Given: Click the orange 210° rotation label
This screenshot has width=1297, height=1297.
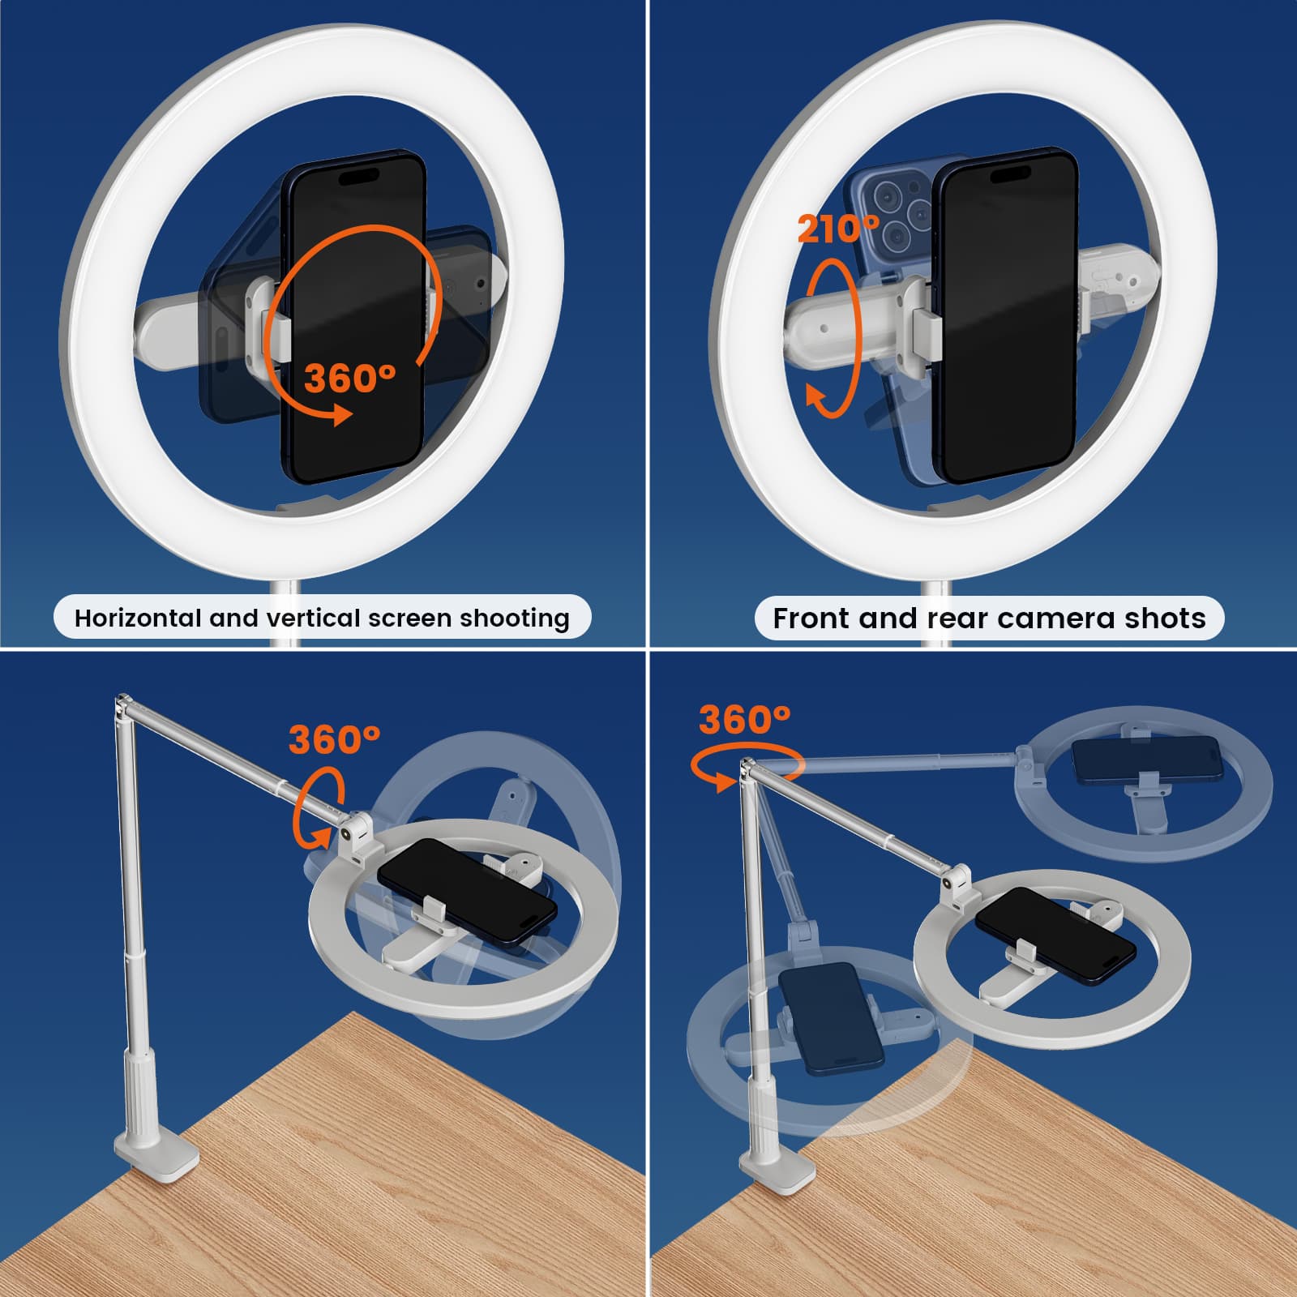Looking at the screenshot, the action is [x=838, y=229].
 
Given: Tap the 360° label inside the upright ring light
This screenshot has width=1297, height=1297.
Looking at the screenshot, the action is [x=350, y=378].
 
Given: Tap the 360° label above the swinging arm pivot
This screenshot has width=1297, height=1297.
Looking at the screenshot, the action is [x=744, y=719].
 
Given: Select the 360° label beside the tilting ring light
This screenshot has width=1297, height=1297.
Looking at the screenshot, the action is [x=334, y=739].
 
